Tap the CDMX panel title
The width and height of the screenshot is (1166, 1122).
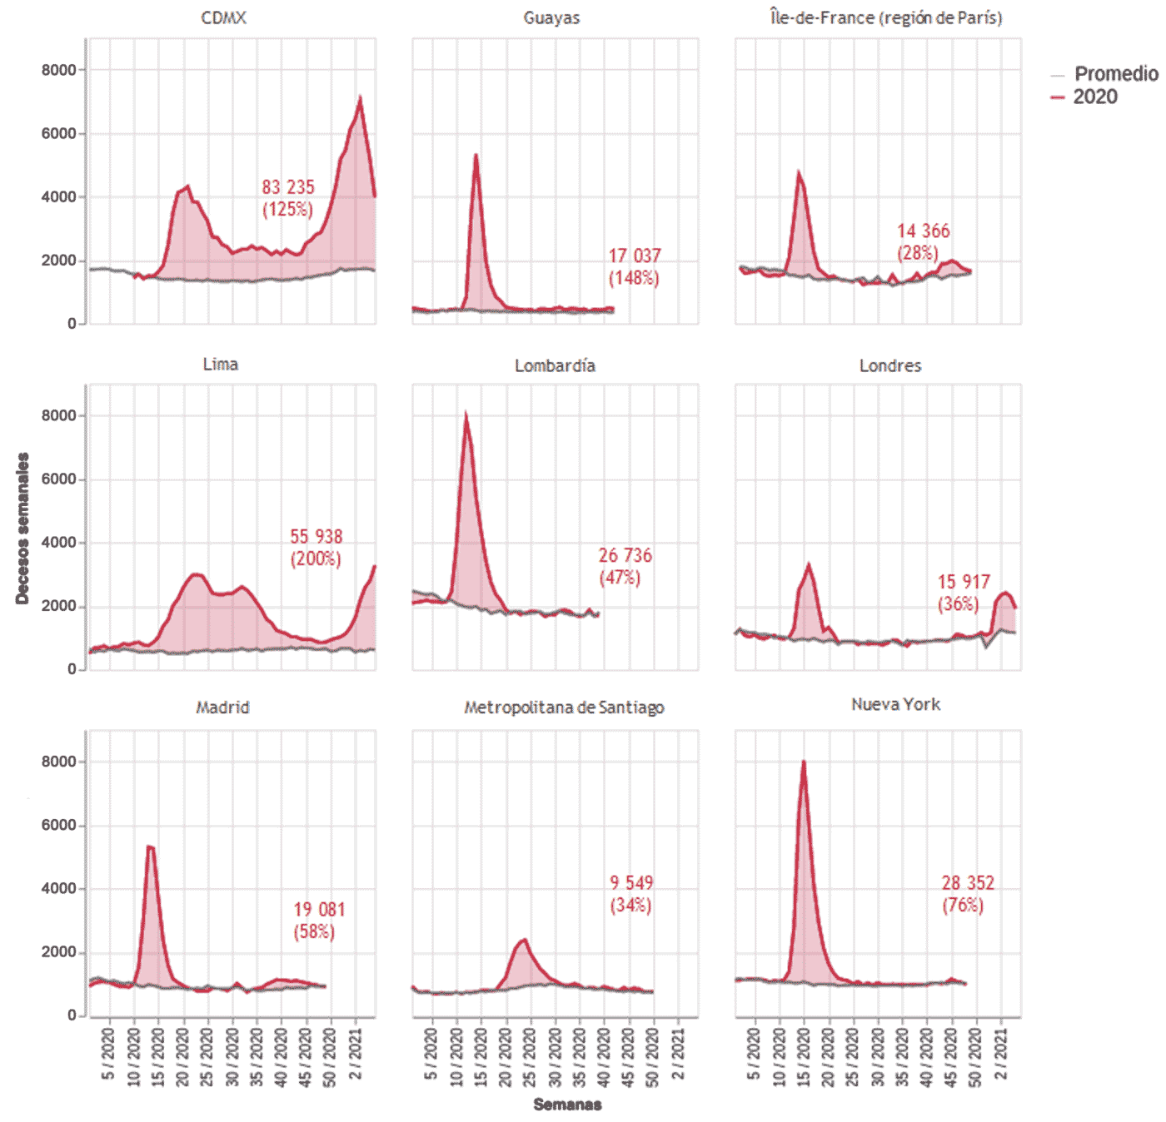pos(223,17)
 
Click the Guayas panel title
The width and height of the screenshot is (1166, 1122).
pos(551,17)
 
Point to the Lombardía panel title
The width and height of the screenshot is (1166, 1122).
pos(555,365)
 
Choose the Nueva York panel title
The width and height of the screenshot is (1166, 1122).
pos(895,704)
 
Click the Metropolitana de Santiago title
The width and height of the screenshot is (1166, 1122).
pos(564,707)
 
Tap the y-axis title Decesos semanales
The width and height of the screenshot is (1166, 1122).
pos(22,528)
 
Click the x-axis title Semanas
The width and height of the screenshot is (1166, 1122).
pos(567,1105)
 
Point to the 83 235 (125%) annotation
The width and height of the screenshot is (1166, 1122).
pos(288,198)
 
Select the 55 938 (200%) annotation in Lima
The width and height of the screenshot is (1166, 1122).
pos(316,547)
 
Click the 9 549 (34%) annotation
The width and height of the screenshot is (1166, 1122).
pos(631,894)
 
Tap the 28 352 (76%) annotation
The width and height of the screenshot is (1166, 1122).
pos(967,894)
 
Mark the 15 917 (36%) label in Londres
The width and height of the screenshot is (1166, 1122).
pos(963,593)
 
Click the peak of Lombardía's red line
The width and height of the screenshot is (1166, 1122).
pos(466,414)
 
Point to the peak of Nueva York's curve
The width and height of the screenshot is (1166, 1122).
pos(803,761)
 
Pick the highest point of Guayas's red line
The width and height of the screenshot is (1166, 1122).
pos(476,155)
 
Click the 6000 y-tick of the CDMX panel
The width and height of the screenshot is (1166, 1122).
pos(58,133)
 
